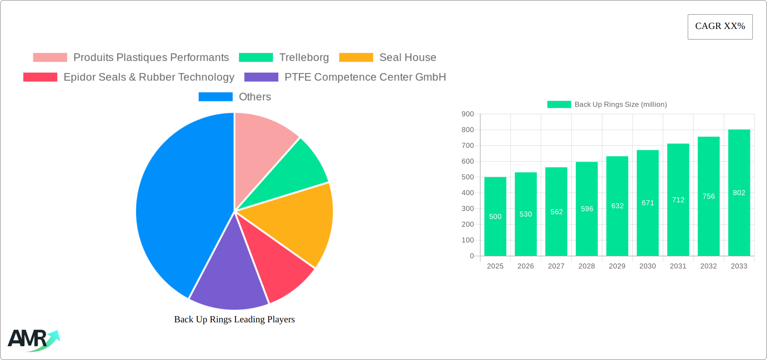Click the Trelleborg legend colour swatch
coord(256,58)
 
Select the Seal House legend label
coord(408,58)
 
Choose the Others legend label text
coord(255,97)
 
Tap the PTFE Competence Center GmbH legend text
coord(365,77)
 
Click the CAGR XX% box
coord(720,27)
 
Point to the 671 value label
coord(648,203)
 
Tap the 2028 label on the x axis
coord(587,266)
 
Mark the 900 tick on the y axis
coord(468,114)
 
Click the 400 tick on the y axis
coord(468,193)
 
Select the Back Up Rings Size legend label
coord(620,105)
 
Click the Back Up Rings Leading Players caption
coord(234,319)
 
